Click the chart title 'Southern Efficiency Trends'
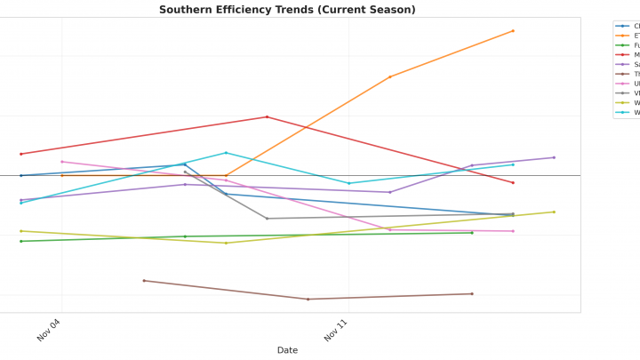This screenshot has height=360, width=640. [287, 10]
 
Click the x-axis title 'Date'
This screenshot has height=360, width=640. [287, 350]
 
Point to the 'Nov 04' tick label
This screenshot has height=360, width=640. [49, 330]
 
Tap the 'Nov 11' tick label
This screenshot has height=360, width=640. [336, 330]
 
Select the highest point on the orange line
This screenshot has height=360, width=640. [513, 31]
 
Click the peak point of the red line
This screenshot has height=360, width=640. [267, 116]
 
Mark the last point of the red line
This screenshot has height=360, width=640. [513, 183]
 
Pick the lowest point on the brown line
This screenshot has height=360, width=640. [308, 300]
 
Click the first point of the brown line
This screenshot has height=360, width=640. [144, 281]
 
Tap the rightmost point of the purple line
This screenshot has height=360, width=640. [554, 157]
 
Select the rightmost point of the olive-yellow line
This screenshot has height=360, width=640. [554, 212]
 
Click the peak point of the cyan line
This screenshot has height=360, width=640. [226, 153]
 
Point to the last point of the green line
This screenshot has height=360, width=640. [472, 233]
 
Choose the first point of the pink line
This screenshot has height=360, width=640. [61, 162]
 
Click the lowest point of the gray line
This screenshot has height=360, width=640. [267, 219]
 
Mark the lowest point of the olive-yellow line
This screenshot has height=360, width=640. [226, 243]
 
